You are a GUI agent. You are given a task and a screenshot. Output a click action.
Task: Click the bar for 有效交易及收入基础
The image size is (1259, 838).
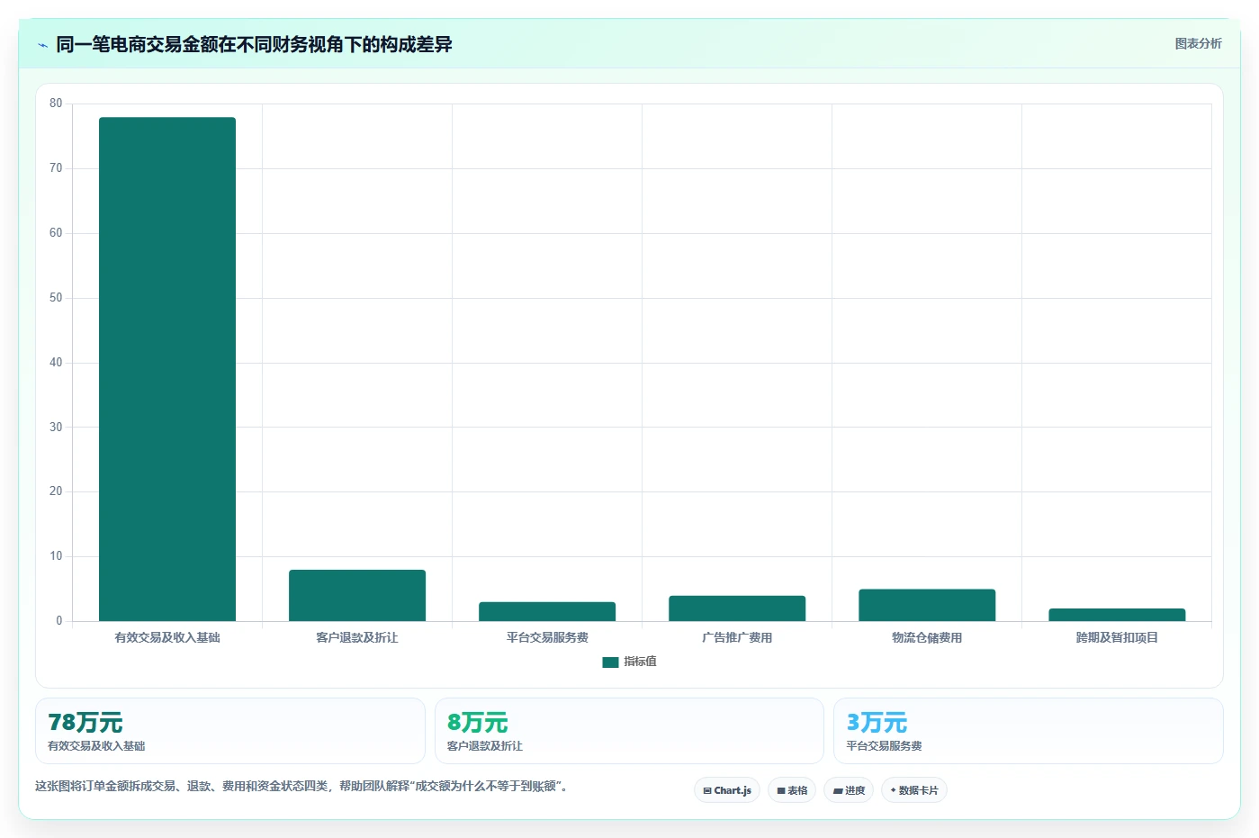point(166,369)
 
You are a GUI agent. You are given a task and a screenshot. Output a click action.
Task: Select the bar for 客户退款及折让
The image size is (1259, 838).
point(357,595)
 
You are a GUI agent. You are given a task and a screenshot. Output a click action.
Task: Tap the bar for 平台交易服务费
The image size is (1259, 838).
point(547,611)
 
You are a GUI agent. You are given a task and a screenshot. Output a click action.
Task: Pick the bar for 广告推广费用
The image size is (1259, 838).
point(737,608)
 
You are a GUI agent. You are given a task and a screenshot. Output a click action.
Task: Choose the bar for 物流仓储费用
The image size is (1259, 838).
point(927,605)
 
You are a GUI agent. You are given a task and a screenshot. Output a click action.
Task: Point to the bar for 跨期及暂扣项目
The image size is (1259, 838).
point(1117,614)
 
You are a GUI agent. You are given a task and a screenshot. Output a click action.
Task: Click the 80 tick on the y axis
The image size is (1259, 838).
point(56,103)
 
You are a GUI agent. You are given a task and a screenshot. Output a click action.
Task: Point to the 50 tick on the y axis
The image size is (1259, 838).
point(56,297)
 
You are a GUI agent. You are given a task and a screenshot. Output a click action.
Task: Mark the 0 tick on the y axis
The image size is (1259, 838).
point(59,620)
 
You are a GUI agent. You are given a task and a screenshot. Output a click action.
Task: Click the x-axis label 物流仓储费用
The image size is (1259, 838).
point(927,637)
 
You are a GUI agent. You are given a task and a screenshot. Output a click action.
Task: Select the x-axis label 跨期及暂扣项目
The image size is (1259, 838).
point(1117,637)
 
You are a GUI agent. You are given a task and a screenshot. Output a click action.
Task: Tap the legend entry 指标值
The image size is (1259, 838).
point(629,662)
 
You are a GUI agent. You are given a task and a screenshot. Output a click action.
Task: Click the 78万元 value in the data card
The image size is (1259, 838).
point(85,722)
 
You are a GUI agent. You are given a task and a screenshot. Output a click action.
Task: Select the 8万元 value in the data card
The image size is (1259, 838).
point(477,722)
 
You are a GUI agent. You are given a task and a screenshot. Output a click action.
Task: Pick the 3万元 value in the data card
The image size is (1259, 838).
point(877,722)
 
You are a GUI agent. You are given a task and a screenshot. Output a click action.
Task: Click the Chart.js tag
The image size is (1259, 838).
point(727,790)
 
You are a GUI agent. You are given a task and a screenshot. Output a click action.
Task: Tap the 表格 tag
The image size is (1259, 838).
point(791,790)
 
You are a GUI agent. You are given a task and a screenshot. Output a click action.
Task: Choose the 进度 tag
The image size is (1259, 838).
point(848,790)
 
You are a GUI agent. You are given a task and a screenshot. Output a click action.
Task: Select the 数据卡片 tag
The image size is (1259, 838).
point(914,790)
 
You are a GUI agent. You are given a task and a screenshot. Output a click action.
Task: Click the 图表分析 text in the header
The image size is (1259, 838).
point(1199,43)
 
